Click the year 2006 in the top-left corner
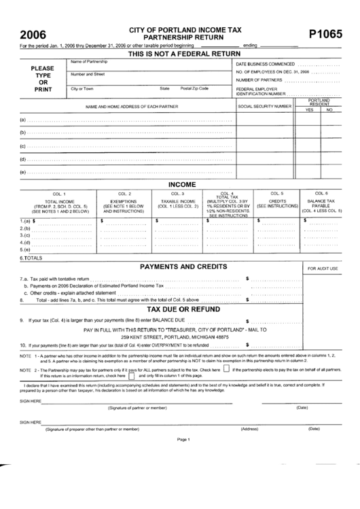point(33,35)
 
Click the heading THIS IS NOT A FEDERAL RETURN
point(185,53)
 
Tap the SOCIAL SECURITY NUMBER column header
point(264,107)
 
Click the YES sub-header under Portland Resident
point(308,109)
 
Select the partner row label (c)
point(23,146)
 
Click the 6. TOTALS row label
point(31,258)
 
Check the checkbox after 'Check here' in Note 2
point(226,370)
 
